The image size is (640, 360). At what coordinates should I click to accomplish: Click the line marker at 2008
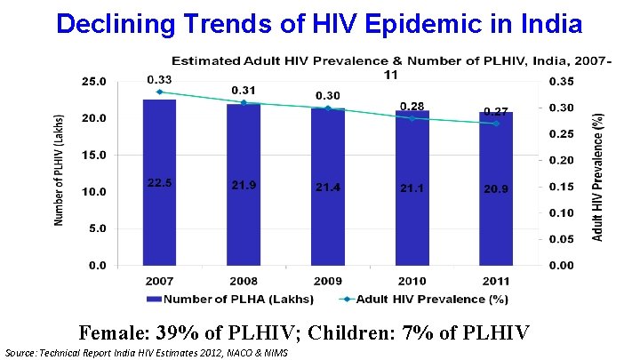(x=244, y=102)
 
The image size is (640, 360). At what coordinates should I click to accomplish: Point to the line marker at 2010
(x=412, y=118)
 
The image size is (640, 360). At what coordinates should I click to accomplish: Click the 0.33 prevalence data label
(x=160, y=79)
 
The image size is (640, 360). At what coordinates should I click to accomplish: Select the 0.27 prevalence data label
(x=495, y=112)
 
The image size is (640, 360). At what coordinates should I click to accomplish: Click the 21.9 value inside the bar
(x=244, y=185)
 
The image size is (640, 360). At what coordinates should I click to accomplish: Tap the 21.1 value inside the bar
(x=412, y=188)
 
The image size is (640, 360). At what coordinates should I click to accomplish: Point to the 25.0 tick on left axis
(x=93, y=81)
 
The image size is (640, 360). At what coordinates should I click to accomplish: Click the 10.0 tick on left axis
(x=93, y=191)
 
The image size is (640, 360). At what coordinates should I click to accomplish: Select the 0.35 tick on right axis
(x=562, y=81)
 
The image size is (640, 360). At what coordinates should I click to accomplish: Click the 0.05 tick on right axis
(x=562, y=239)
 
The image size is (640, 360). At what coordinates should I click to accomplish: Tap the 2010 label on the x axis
(x=412, y=280)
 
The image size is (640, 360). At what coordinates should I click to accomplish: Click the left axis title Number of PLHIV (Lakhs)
(x=60, y=170)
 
